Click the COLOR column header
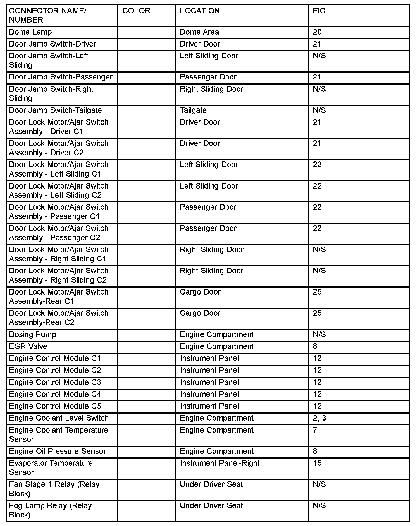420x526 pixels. (136, 11)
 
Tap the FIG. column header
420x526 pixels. (320, 11)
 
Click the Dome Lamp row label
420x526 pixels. (30, 32)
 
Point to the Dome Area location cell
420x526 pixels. (199, 32)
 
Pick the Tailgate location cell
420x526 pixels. (193, 110)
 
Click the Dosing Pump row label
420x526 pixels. (32, 335)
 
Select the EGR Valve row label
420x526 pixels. (28, 346)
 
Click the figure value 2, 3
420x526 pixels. (319, 418)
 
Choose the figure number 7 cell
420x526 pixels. (315, 430)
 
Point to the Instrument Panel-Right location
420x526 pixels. (219, 463)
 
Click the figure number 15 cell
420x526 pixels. (317, 463)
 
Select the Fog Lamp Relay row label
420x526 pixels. (50, 510)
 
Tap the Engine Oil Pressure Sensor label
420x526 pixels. (57, 451)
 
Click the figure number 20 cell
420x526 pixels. (317, 32)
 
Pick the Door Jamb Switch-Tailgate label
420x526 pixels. (55, 110)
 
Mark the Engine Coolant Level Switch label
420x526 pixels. (59, 418)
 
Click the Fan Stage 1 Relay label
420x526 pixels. (54, 489)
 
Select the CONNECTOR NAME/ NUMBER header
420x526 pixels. (47, 15)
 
